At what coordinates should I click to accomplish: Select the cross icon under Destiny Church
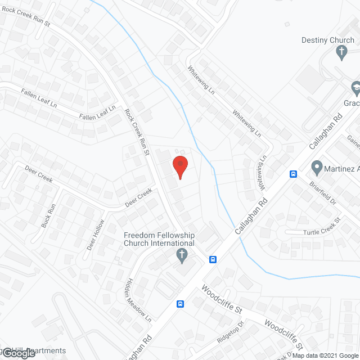click(341, 53)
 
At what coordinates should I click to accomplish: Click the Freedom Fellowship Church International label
click(159, 239)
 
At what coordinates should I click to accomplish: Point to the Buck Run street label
click(48, 215)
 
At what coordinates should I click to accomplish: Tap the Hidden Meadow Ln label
click(138, 301)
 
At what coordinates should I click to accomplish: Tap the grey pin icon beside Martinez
click(316, 168)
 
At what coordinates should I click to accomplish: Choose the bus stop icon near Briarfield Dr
click(293, 174)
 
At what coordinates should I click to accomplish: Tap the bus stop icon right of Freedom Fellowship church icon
click(213, 259)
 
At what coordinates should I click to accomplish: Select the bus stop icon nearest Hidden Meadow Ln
click(180, 304)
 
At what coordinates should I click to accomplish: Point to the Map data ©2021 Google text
click(325, 355)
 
